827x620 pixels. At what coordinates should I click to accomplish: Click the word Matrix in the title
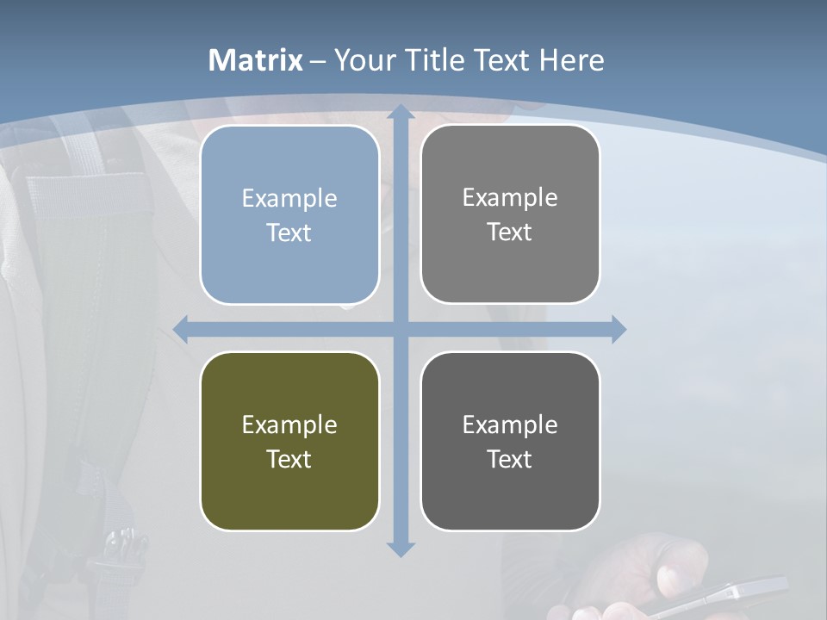tap(256, 60)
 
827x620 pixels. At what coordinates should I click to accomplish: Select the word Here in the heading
tap(571, 60)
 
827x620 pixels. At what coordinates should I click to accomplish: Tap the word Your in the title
tap(365, 60)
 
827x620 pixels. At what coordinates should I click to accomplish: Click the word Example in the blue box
tap(289, 199)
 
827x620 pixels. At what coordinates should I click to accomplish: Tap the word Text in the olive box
tap(289, 459)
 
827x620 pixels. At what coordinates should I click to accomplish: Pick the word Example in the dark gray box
tap(510, 425)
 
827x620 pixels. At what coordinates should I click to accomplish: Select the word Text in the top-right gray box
tap(510, 232)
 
